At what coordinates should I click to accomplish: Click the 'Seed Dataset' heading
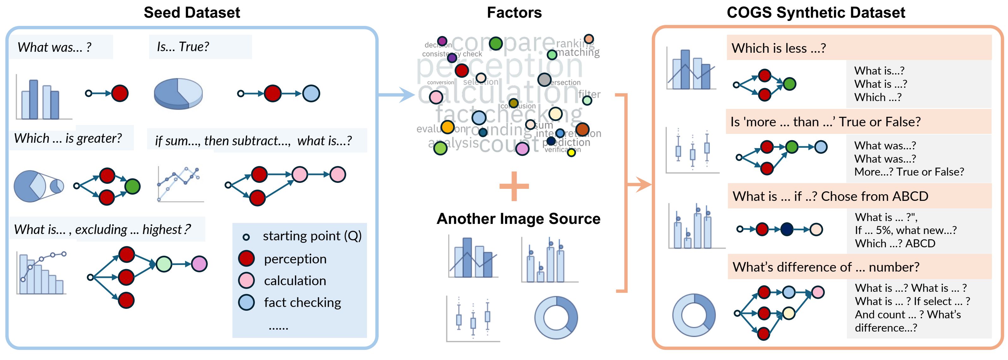point(192,13)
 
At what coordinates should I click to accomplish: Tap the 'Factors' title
point(514,13)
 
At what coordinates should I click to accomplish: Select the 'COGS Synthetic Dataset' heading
point(816,13)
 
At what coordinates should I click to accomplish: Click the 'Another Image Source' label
point(518,218)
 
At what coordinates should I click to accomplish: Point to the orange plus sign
point(514,186)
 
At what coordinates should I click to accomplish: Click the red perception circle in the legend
point(247,259)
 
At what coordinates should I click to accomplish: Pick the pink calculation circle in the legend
point(247,280)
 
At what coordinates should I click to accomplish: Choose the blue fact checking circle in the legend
point(247,303)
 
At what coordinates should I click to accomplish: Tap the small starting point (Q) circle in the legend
point(246,237)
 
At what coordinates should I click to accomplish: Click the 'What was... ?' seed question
point(54,47)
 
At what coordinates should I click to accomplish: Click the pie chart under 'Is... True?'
point(178,93)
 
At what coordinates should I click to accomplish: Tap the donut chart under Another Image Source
point(556,317)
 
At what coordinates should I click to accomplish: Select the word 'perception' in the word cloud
point(499,66)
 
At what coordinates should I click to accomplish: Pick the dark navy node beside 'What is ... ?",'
point(787,229)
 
